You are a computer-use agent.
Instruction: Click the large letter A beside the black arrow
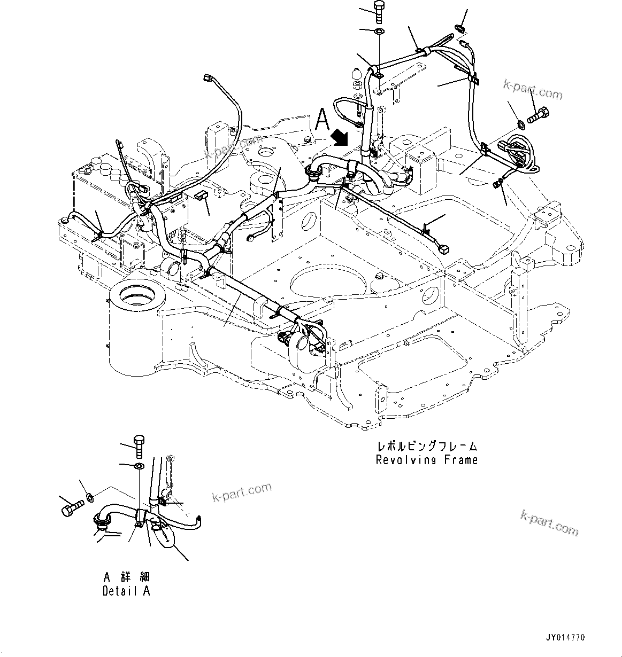[x=322, y=119]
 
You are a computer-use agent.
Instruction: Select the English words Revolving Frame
[x=426, y=460]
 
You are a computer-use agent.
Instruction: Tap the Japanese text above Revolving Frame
[x=427, y=446]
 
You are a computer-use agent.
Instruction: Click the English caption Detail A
[x=126, y=591]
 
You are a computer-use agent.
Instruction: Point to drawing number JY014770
[x=565, y=638]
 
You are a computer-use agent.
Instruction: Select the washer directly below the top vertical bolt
[x=378, y=31]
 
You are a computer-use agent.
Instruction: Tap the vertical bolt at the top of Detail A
[x=139, y=445]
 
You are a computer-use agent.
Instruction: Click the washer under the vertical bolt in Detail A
[x=139, y=467]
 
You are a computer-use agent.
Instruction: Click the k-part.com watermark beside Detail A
[x=242, y=492]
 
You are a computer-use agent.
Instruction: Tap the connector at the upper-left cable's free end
[x=208, y=79]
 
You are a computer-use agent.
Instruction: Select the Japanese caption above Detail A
[x=127, y=577]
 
